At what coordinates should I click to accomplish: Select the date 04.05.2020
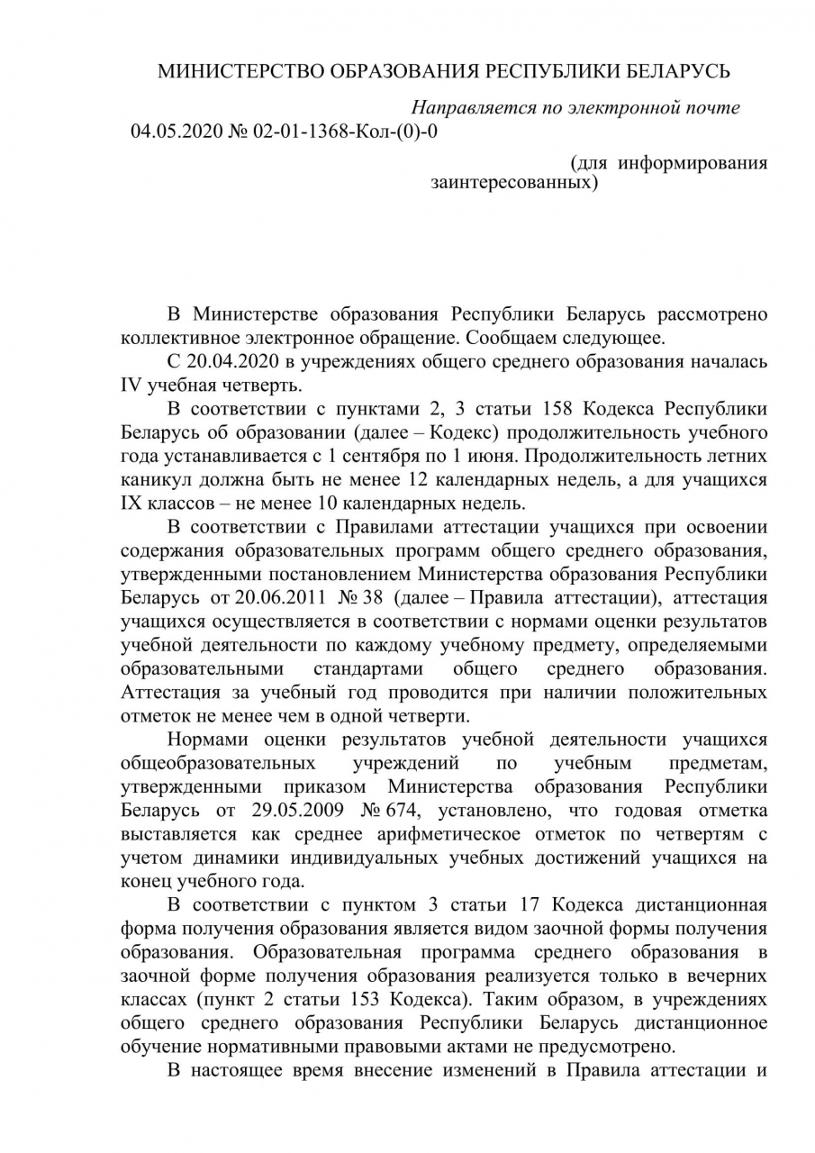point(174,132)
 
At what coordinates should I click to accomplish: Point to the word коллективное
point(177,339)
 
